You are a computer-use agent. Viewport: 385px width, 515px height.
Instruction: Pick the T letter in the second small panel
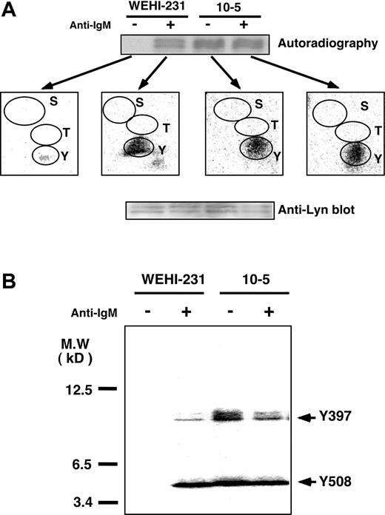[x=167, y=127]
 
